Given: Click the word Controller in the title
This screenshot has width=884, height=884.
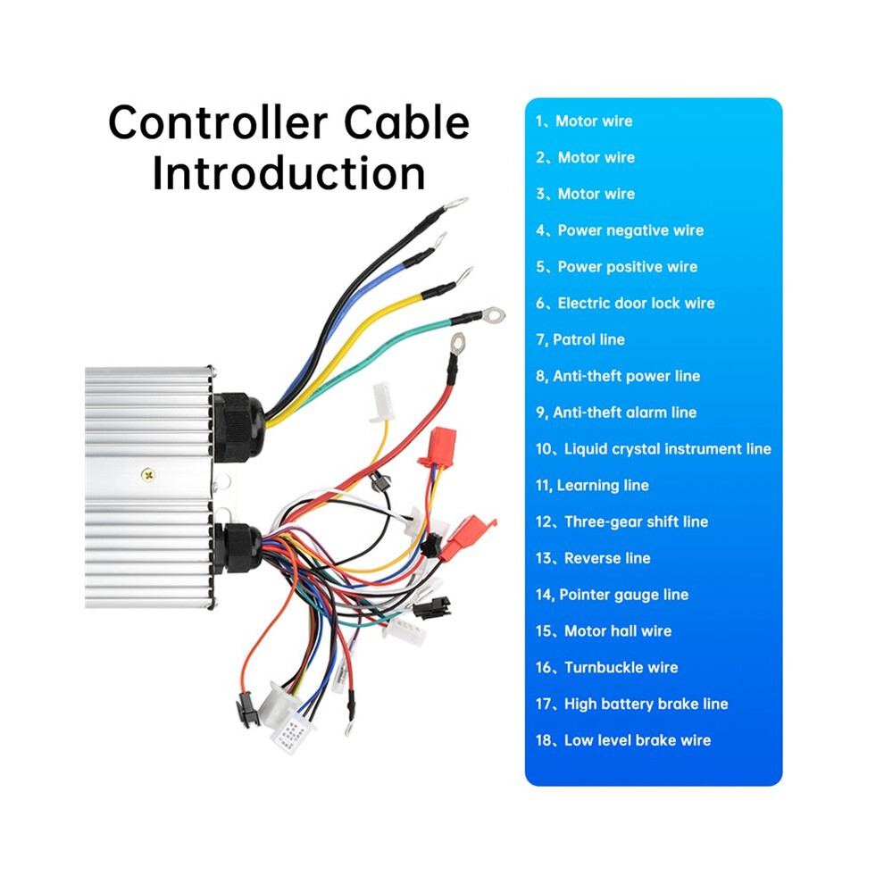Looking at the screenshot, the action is pos(218,123).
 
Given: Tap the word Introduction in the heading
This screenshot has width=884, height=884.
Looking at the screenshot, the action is pos(288,173).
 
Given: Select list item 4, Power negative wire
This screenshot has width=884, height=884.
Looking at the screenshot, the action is pos(620,230).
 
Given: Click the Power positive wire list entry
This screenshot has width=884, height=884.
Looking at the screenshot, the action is pos(617,267).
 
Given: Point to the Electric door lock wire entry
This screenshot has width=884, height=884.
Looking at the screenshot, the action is pos(625,304).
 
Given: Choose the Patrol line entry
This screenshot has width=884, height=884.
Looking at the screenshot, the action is pos(580,339).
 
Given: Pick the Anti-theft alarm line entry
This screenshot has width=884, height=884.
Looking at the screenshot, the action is pos(616,413).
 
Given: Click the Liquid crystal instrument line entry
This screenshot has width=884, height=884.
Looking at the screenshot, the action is pos(654,449).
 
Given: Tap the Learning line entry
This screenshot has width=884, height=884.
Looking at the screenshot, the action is pos(592,486).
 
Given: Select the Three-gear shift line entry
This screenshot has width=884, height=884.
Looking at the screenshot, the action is pos(621,522).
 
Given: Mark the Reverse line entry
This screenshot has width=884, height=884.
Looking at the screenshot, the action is pos(593,558).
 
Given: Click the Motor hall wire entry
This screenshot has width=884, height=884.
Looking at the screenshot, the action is pos(604,631).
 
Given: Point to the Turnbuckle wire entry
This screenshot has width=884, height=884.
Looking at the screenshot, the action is pos(606,668).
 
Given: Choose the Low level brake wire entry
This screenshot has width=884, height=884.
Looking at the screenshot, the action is pos(623,740).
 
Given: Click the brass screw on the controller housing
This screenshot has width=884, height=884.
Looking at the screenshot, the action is pos(147,475).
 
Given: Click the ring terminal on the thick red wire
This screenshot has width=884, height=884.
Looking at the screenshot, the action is pos(458,342).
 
